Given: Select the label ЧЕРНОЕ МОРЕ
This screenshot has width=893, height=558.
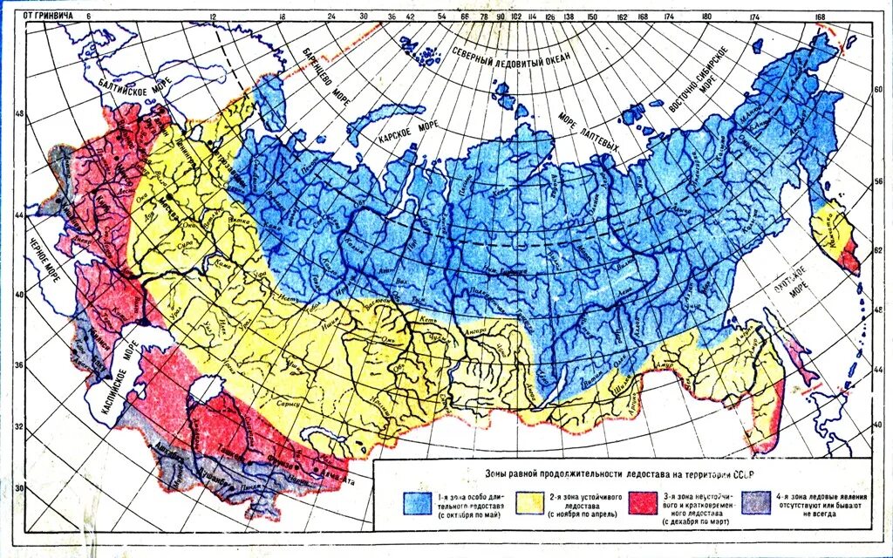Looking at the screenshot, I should tap(35, 261).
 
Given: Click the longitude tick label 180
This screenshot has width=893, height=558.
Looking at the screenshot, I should tap(706, 16).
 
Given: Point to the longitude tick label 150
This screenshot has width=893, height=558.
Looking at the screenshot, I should tap(592, 16).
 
